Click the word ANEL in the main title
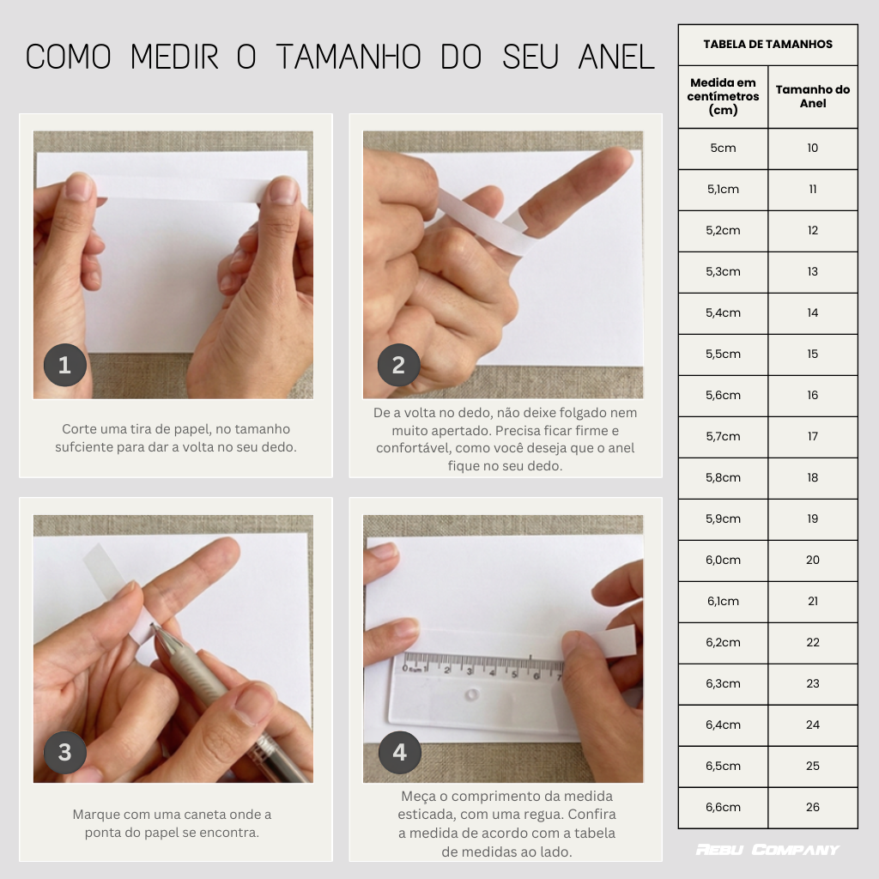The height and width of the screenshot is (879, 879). [616, 58]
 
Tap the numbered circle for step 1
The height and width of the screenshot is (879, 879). [65, 365]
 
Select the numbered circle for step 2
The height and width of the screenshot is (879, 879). [398, 365]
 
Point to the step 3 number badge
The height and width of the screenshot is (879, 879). [65, 752]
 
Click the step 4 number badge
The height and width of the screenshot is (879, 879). [399, 752]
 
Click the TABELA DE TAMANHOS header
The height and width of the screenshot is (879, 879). [768, 45]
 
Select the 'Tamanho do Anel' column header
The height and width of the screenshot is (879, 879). [813, 96]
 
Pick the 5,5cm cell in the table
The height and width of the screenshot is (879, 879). [723, 355]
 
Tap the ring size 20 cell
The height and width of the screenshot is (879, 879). [813, 560]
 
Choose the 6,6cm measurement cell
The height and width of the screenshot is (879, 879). [723, 807]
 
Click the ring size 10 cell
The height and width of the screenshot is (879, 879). [813, 148]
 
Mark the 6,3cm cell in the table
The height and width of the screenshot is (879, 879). [723, 684]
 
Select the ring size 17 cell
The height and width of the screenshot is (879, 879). [813, 436]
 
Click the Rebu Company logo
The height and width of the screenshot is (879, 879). [768, 850]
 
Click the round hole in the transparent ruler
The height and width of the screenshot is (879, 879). [471, 695]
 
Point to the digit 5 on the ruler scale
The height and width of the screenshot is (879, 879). [514, 674]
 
